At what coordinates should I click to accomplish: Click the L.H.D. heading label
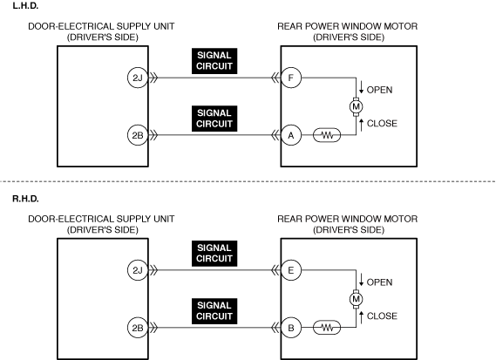(25, 6)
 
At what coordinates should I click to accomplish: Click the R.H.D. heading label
(25, 199)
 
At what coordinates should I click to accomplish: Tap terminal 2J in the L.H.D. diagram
(138, 78)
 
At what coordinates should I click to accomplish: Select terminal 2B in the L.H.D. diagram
(138, 135)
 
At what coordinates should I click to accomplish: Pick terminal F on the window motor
(291, 78)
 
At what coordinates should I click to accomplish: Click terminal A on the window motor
(291, 135)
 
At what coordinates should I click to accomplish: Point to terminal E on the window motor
(291, 270)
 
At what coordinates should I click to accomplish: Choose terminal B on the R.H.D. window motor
(291, 328)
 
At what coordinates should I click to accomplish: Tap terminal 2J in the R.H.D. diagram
(138, 270)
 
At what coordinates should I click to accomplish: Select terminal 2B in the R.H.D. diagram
(138, 328)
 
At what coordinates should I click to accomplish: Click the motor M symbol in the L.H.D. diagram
(356, 106)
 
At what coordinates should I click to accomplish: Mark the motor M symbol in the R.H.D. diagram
(356, 299)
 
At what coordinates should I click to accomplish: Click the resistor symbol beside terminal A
(327, 135)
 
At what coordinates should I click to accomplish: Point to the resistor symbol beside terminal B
(327, 328)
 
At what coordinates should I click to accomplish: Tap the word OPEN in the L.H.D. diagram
(379, 90)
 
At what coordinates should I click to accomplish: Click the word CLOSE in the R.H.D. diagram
(382, 316)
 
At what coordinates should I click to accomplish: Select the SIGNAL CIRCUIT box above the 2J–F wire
(214, 61)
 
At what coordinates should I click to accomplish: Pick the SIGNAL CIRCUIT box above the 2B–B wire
(214, 311)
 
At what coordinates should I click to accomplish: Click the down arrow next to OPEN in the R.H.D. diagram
(361, 280)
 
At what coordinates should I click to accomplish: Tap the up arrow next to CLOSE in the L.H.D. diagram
(361, 126)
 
